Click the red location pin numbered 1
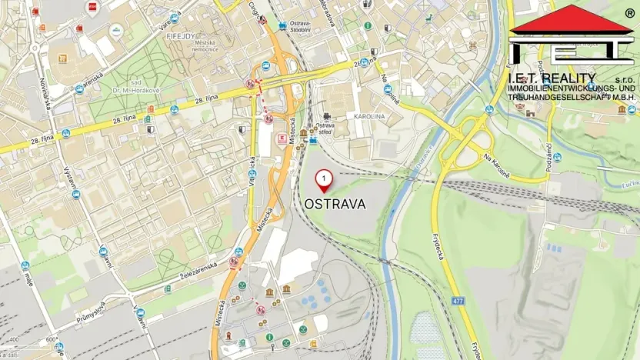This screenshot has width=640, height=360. pyautogui.click(x=325, y=181)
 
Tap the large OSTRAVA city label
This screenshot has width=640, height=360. pyautogui.click(x=335, y=205)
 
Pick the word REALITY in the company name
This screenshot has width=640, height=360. pyautogui.click(x=568, y=78)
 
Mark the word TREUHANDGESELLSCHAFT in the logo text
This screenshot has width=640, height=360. pyautogui.click(x=557, y=97)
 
